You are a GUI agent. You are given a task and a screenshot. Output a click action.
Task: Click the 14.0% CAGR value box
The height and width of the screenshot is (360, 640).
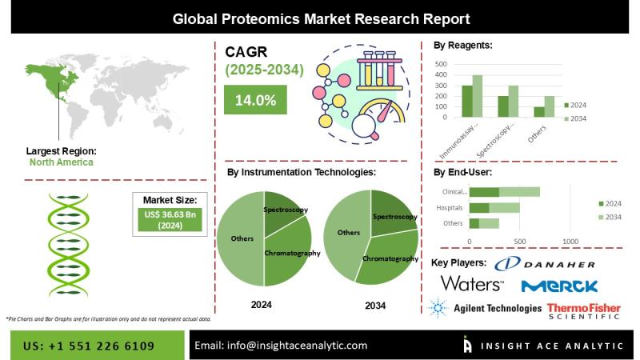(x=256, y=101)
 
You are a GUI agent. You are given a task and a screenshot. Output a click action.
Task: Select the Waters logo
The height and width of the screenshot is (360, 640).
(x=472, y=284)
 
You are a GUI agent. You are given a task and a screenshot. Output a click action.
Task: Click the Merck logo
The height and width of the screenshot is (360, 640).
(x=559, y=286)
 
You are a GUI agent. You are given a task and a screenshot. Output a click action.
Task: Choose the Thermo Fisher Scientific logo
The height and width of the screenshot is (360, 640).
(x=583, y=310)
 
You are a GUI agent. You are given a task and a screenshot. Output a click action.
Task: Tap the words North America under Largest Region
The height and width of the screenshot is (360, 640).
(x=61, y=162)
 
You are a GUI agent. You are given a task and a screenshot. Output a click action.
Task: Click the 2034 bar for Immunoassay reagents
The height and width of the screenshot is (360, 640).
(x=478, y=97)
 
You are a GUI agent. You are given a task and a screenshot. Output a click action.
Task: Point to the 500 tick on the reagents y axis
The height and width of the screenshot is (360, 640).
(x=441, y=63)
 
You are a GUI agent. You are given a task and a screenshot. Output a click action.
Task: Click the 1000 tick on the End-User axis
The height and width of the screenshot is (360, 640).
(x=570, y=241)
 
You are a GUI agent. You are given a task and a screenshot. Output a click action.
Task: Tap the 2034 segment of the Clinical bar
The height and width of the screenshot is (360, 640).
(x=519, y=192)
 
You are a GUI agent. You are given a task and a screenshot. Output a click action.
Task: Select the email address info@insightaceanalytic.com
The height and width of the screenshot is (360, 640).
(x=281, y=346)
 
